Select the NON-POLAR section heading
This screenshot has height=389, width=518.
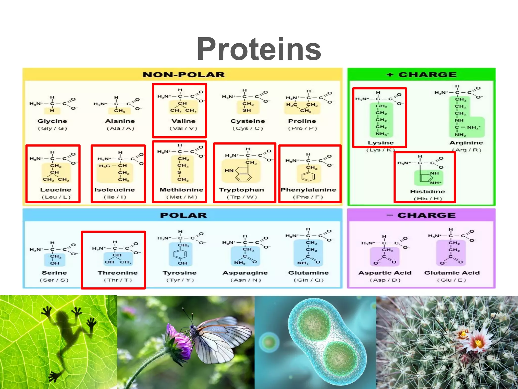coord(184,75)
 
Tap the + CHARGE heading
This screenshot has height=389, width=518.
coord(422,75)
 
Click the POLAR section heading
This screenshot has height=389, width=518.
coord(183,215)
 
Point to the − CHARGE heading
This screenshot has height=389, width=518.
coord(421,215)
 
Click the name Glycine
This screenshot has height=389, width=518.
coord(52,121)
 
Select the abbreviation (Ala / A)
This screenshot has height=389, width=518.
coord(120,128)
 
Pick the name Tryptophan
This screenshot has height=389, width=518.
coord(241,190)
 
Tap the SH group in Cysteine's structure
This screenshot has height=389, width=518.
coord(247,110)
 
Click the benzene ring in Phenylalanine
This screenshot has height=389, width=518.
coord(308,176)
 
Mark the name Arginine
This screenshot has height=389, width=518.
coord(466,143)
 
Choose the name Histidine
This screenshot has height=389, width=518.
coord(427,191)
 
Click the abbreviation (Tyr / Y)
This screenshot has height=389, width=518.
coord(180,280)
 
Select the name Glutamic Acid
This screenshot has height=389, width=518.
coord(452,273)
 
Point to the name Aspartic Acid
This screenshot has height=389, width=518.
coord(385,273)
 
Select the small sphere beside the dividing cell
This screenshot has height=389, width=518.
coord(269,342)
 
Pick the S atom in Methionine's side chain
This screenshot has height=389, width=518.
coord(179,172)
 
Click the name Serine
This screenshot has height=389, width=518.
coord(54,273)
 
